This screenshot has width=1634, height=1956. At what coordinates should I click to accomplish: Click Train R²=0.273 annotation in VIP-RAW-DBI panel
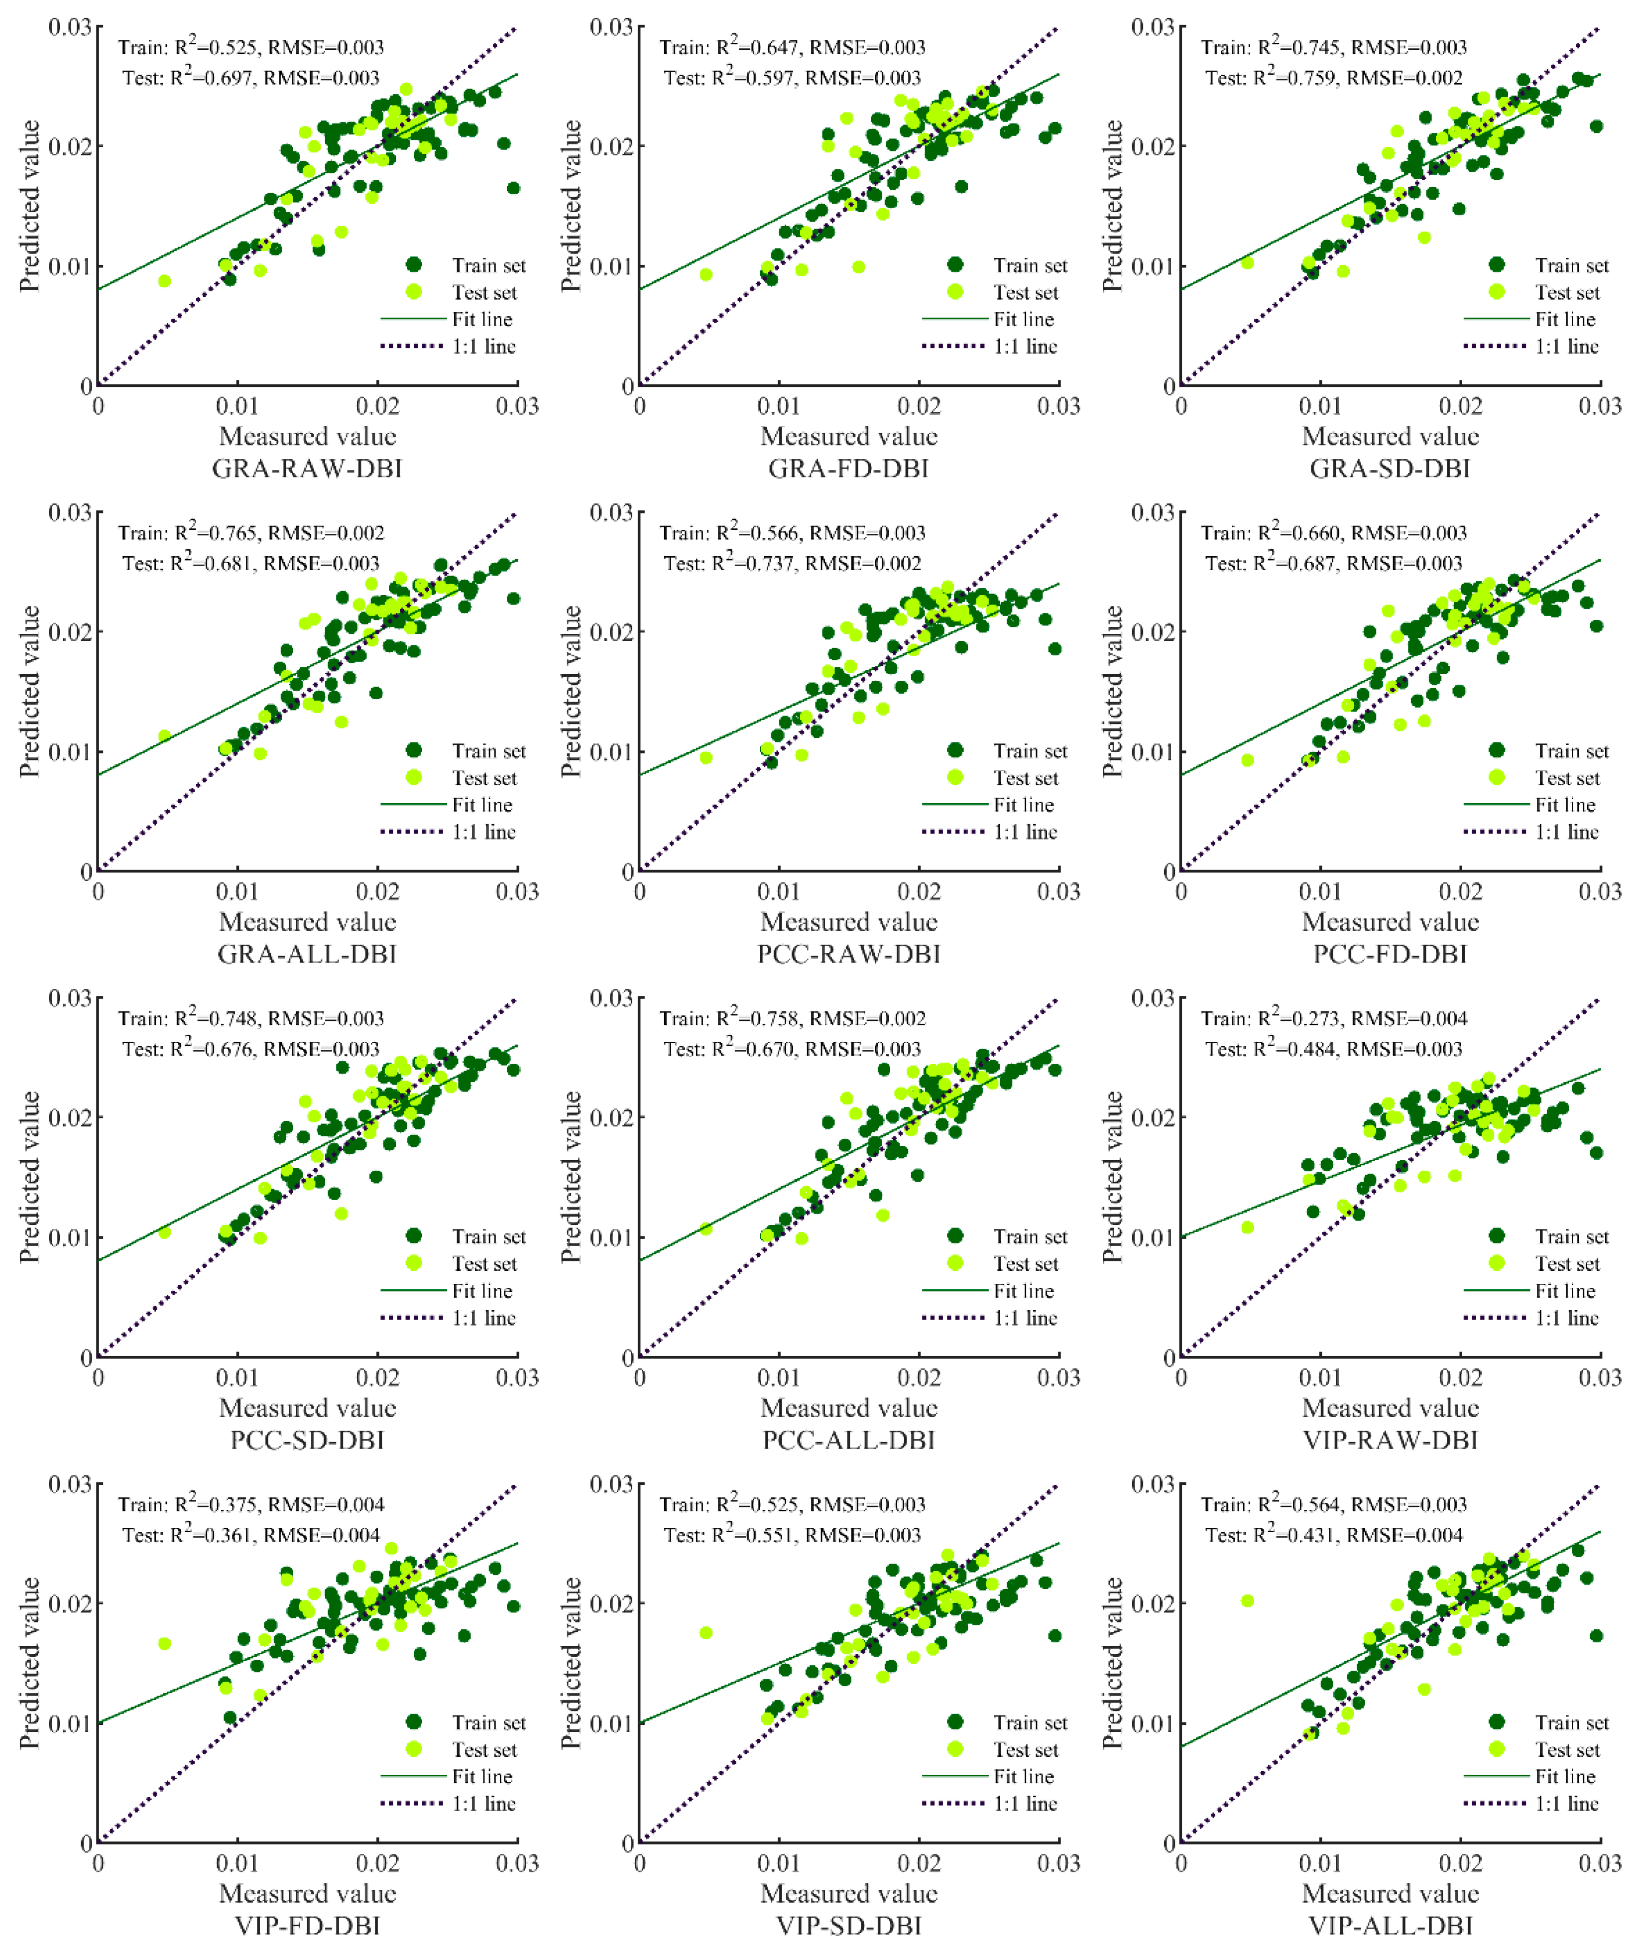point(1333,1018)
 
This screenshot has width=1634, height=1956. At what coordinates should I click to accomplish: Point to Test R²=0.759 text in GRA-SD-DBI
point(1333,77)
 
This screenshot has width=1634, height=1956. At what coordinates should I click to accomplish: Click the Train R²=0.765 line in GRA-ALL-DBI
point(250,533)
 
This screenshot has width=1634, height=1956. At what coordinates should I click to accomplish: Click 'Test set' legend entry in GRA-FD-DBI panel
point(1024,292)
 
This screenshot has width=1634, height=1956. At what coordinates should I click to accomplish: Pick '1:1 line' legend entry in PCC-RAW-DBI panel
point(1024,832)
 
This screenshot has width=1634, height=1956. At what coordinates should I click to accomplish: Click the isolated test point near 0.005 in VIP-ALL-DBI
point(1248,1601)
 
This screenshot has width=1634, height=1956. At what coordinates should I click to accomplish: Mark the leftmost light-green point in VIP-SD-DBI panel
point(706,1633)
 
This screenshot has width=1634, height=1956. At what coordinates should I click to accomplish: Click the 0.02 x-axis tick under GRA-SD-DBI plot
point(1460,406)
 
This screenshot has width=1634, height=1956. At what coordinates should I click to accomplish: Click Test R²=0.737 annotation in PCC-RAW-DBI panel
point(792,564)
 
